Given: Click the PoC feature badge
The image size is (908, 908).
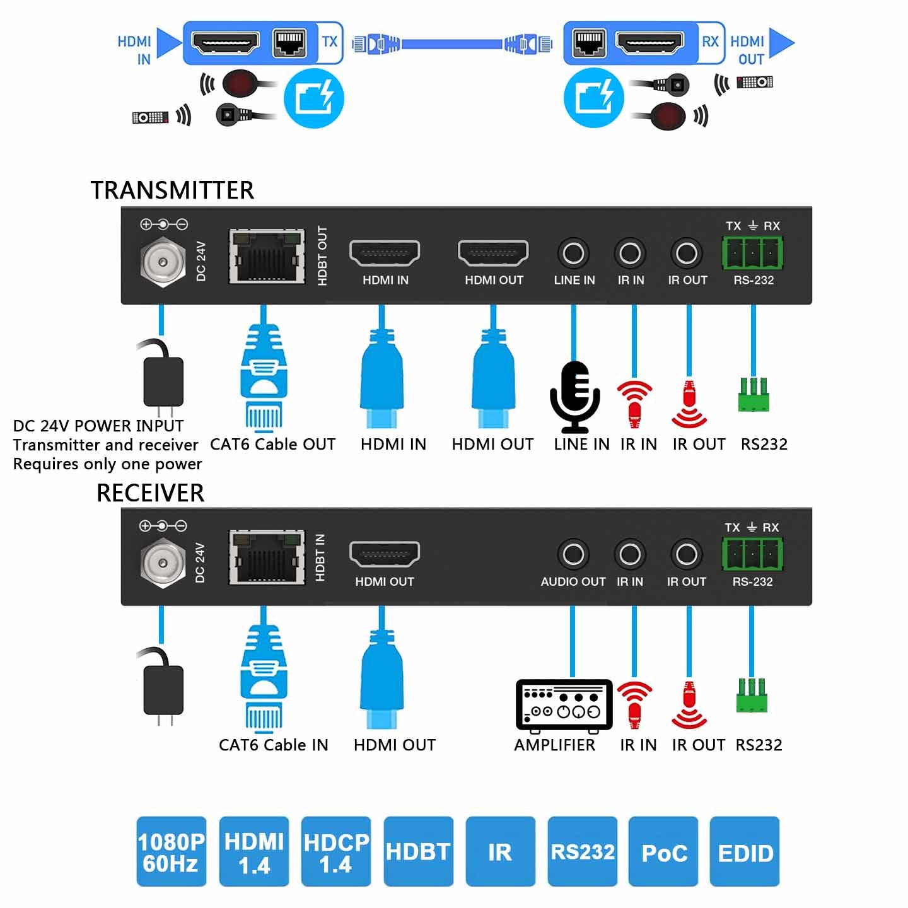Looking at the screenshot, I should (x=663, y=852).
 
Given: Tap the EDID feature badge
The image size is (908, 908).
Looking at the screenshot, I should (x=745, y=852).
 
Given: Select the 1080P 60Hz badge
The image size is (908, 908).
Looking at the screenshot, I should (x=172, y=852).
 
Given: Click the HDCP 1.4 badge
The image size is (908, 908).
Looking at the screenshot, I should (x=336, y=852).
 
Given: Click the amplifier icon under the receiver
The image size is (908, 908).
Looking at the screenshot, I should (x=564, y=706).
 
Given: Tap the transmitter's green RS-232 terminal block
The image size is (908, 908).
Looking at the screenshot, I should (x=752, y=253).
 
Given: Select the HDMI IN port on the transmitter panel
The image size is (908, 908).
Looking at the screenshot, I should (x=385, y=253).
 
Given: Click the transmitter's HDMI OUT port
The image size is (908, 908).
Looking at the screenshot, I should (x=493, y=253).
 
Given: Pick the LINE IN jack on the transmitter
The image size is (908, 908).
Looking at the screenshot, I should (x=573, y=253).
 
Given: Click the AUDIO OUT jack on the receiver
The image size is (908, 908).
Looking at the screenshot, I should (x=573, y=555).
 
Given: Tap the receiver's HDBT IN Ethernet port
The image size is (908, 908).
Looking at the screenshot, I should (x=267, y=557).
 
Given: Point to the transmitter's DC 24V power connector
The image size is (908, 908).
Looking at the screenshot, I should (x=163, y=261).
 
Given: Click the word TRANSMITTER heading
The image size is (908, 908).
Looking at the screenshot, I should (x=172, y=190).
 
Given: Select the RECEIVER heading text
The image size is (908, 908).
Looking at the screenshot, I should (x=150, y=492).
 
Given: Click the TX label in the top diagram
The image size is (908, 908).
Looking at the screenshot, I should (x=330, y=42).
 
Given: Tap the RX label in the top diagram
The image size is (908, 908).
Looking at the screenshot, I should (x=710, y=42).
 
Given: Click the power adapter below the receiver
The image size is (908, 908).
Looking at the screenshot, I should (x=163, y=689).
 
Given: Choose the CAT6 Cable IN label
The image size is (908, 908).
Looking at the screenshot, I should (x=273, y=745).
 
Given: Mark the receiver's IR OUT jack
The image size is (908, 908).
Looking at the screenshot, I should (x=687, y=555).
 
